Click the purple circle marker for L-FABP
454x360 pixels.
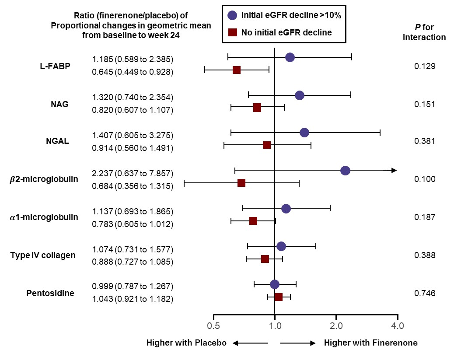pyautogui.click(x=290, y=57)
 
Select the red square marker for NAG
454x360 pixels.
pyautogui.click(x=257, y=108)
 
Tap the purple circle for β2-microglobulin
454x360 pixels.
pyautogui.click(x=345, y=171)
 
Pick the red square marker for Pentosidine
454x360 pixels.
pyautogui.click(x=279, y=297)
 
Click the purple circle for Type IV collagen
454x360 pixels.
pyautogui.click(x=281, y=246)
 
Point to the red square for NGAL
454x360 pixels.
pyautogui.click(x=267, y=145)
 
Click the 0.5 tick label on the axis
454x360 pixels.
pyautogui.click(x=213, y=326)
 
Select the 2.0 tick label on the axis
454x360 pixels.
pyautogui.click(x=336, y=326)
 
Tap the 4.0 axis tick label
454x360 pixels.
pyautogui.click(x=397, y=326)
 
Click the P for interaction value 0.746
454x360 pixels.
pyautogui.click(x=425, y=293)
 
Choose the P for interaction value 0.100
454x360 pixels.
pyautogui.click(x=425, y=179)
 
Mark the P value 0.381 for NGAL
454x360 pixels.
pyautogui.click(x=425, y=141)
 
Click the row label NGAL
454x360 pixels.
pyautogui.click(x=58, y=141)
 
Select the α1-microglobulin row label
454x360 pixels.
pyautogui.click(x=44, y=217)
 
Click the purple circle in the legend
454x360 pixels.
pyautogui.click(x=232, y=15)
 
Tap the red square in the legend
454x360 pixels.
pyautogui.click(x=233, y=32)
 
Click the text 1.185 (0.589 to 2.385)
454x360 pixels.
pyautogui.click(x=133, y=59)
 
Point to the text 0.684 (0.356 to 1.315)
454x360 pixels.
pyautogui.click(x=133, y=186)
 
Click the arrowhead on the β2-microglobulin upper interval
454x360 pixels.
pyautogui.click(x=394, y=171)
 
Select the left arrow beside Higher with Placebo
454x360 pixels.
pyautogui.click(x=251, y=343)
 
